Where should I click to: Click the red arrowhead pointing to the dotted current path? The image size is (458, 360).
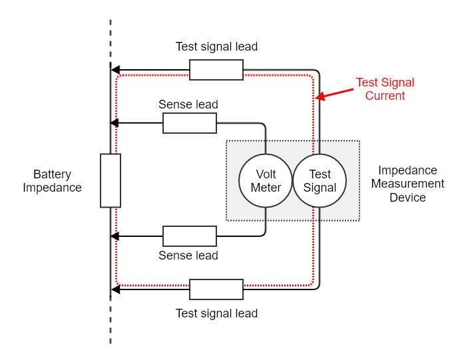[320, 96]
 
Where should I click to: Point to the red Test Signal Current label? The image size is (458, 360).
[385, 89]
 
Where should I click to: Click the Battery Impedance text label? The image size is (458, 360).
[53, 181]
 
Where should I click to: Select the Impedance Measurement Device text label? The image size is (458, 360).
[407, 184]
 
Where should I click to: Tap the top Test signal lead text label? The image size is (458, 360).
[216, 47]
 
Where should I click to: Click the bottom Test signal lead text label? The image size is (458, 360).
[216, 313]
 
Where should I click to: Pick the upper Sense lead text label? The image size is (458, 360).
[188, 104]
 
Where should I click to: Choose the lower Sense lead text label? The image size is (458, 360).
[188, 256]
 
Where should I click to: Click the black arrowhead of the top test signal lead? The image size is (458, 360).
[115, 70]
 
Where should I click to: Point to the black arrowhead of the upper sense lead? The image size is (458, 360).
[114, 123]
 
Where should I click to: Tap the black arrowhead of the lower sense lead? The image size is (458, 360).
[114, 236]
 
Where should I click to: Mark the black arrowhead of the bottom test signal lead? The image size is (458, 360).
[115, 289]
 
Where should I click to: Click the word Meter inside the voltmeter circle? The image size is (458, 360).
[266, 188]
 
